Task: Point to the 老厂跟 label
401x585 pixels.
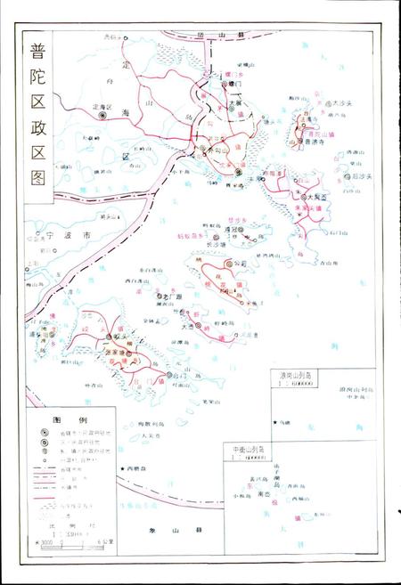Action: click(168, 295)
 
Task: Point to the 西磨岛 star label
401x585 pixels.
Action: click(141, 467)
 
